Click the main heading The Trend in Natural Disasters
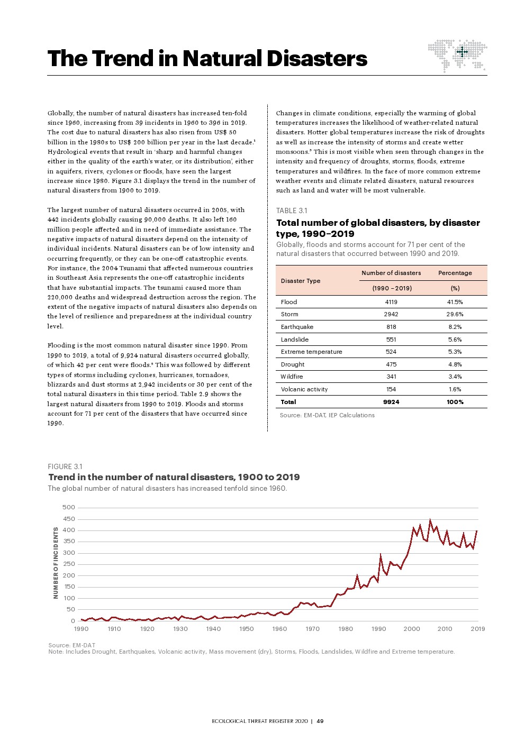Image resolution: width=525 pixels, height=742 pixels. coord(207,58)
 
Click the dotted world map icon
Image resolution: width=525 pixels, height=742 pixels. coord(457,54)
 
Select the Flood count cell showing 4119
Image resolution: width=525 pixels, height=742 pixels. coord(391,302)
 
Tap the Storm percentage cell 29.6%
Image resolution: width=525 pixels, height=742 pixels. coord(455,314)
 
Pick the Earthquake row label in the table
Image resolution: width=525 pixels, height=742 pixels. coord(297,327)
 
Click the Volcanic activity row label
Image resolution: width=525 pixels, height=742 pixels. coord(304,389)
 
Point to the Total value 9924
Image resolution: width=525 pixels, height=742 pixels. coord(391,402)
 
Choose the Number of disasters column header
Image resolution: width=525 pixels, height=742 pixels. coord(391,273)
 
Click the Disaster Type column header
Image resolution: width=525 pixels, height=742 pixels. coord(301,281)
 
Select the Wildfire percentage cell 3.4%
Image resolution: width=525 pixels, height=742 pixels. coord(455,377)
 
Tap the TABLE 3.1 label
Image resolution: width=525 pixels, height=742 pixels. coord(292,210)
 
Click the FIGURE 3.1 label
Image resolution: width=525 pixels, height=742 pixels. coord(65,466)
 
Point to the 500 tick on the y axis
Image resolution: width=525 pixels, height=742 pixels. coord(69,507)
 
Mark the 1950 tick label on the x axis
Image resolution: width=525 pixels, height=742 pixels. coord(247,629)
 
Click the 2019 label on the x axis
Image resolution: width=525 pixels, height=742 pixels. coord(478,629)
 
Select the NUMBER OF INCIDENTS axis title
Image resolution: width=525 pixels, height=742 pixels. coord(56,563)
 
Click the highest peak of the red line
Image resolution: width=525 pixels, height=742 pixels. coord(430,520)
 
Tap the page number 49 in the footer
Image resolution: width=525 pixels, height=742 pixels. coord(320,721)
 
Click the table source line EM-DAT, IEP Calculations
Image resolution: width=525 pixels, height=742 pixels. coord(327,415)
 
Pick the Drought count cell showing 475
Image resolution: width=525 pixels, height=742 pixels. coord(391,364)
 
